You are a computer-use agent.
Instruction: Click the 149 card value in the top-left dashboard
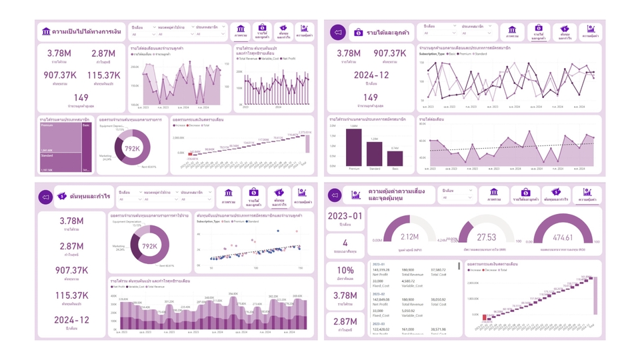pos(81,98)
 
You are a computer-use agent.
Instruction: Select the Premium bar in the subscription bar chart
pos(353,147)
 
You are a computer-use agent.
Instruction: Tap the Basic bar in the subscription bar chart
pos(395,158)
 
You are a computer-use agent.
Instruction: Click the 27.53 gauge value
pos(487,237)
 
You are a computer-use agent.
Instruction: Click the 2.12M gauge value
pos(410,237)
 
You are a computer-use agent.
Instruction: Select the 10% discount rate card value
pos(345,271)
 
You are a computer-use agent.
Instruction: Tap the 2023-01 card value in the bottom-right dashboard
pos(345,215)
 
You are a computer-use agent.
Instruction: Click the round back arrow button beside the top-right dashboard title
pos(338,32)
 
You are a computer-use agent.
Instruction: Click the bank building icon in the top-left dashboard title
pos(46,31)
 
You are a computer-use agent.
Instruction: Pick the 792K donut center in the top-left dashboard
pos(133,149)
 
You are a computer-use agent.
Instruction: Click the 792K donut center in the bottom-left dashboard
pos(150,245)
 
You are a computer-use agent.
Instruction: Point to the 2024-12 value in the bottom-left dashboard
pos(71,320)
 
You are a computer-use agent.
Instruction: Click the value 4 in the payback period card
pos(345,243)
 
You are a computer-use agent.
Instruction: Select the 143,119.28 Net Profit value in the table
pos(381,269)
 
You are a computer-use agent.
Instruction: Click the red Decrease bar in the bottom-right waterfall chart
pos(485,317)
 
